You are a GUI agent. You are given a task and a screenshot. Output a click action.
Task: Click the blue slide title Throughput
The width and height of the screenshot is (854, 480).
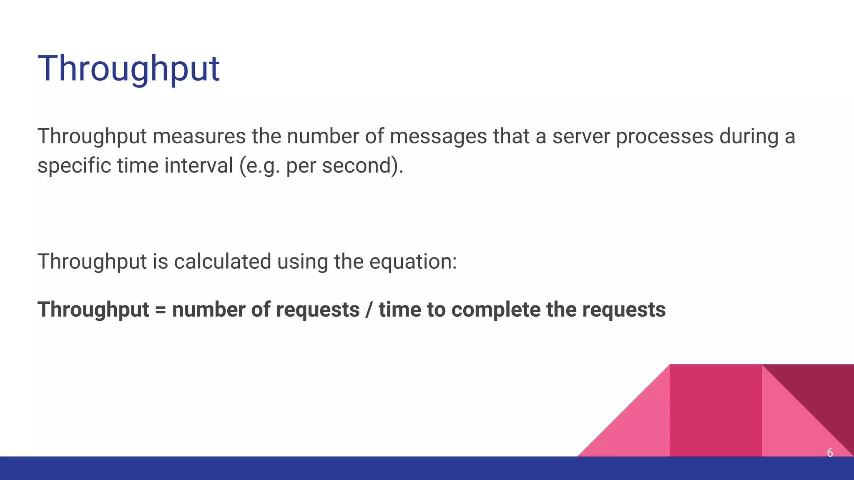tap(128, 69)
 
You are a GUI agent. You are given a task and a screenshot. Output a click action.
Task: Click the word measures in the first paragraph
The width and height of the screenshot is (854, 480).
tap(199, 136)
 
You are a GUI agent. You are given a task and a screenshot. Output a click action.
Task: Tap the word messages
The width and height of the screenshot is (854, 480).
tap(438, 136)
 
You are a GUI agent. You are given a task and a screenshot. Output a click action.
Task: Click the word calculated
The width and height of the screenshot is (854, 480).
tap(223, 262)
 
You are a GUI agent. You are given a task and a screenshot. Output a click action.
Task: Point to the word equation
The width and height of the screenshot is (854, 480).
tap(413, 262)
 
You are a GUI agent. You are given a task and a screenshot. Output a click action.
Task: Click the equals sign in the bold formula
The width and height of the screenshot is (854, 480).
tap(161, 310)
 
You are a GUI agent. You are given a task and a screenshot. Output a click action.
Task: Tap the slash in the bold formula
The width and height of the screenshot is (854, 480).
tap(369, 310)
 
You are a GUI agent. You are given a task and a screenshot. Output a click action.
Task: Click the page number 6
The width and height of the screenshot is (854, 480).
tap(830, 452)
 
